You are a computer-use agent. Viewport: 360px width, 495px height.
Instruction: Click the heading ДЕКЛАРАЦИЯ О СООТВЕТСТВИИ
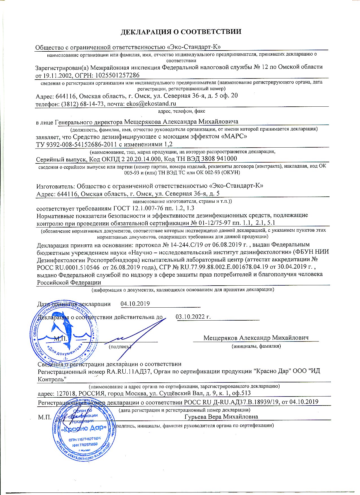181,32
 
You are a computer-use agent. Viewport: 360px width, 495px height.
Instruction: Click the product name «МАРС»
234,137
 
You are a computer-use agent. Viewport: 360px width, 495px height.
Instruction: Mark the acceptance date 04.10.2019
135,304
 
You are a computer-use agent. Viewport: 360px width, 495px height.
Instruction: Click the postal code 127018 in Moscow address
67,393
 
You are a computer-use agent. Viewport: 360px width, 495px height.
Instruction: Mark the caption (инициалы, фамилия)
256,346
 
